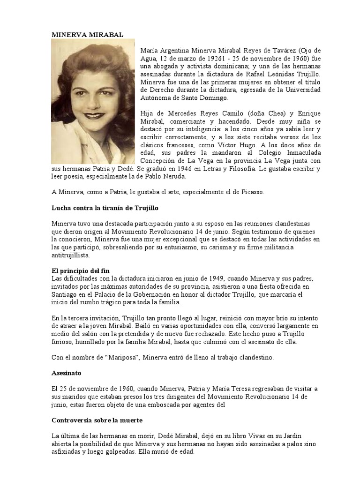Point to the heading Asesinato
66,374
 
